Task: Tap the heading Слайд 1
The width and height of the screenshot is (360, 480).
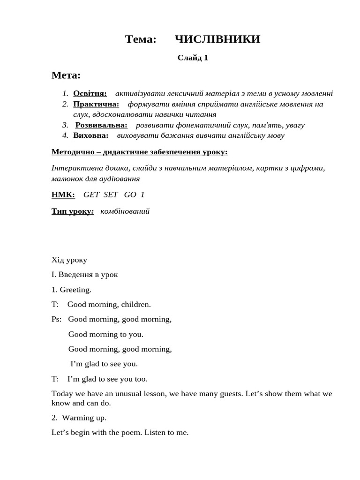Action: click(193, 58)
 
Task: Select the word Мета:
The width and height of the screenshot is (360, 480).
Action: click(66, 75)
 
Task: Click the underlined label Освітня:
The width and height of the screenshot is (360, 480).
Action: click(90, 93)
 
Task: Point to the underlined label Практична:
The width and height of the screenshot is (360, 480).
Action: click(96, 104)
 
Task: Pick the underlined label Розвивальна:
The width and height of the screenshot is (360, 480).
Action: click(101, 125)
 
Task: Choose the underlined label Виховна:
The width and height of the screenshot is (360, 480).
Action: click(91, 135)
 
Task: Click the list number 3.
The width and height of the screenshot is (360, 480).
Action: click(65, 125)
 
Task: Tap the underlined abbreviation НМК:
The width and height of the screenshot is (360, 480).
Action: click(63, 195)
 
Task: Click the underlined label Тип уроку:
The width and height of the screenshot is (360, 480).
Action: click(73, 211)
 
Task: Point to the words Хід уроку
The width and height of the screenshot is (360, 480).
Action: click(69, 260)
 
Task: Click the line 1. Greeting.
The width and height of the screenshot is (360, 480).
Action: click(72, 290)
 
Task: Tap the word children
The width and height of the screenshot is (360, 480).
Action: click(136, 305)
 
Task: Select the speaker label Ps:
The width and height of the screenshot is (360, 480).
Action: click(57, 319)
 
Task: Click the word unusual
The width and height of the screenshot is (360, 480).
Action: click(127, 394)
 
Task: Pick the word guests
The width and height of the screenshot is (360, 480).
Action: click(225, 394)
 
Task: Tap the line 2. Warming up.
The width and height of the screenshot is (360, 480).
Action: click(79, 418)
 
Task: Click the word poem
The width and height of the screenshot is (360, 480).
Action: click(125, 433)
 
